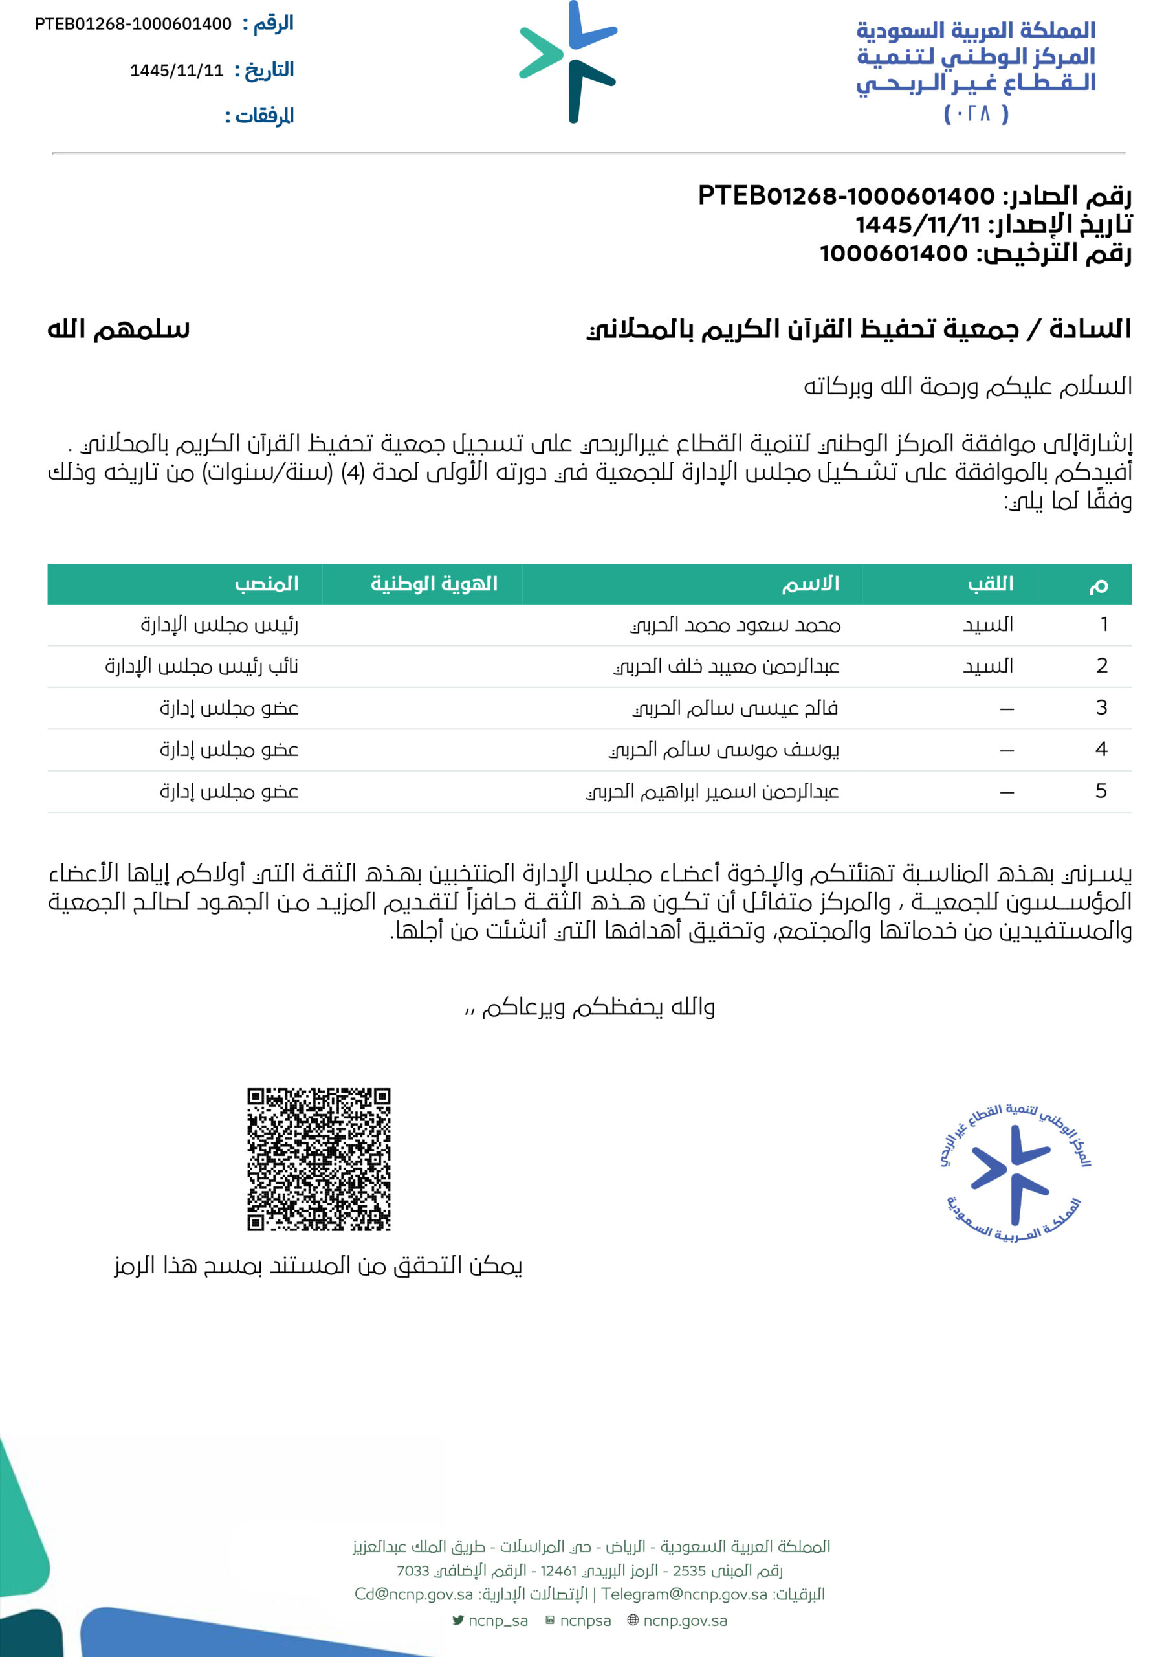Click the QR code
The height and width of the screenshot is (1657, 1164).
point(318,1159)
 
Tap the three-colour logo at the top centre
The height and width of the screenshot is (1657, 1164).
point(569,62)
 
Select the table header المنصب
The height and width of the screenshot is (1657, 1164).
point(267,584)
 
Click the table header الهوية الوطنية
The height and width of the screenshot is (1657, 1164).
point(434,584)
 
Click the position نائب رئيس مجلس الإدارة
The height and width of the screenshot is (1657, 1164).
point(201,666)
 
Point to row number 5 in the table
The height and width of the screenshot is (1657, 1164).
point(1101,792)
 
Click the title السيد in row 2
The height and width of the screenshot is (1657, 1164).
point(987,666)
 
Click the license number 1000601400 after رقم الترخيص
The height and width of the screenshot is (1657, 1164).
point(894,254)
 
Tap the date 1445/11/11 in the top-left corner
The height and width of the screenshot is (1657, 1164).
point(177,71)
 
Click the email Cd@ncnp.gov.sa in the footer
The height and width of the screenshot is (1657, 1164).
point(413,1594)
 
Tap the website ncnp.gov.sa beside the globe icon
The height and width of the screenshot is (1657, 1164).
point(684,1621)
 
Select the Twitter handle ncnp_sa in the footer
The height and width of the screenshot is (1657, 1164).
point(497,1621)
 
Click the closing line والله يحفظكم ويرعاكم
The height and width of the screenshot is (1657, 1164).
point(589,1006)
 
